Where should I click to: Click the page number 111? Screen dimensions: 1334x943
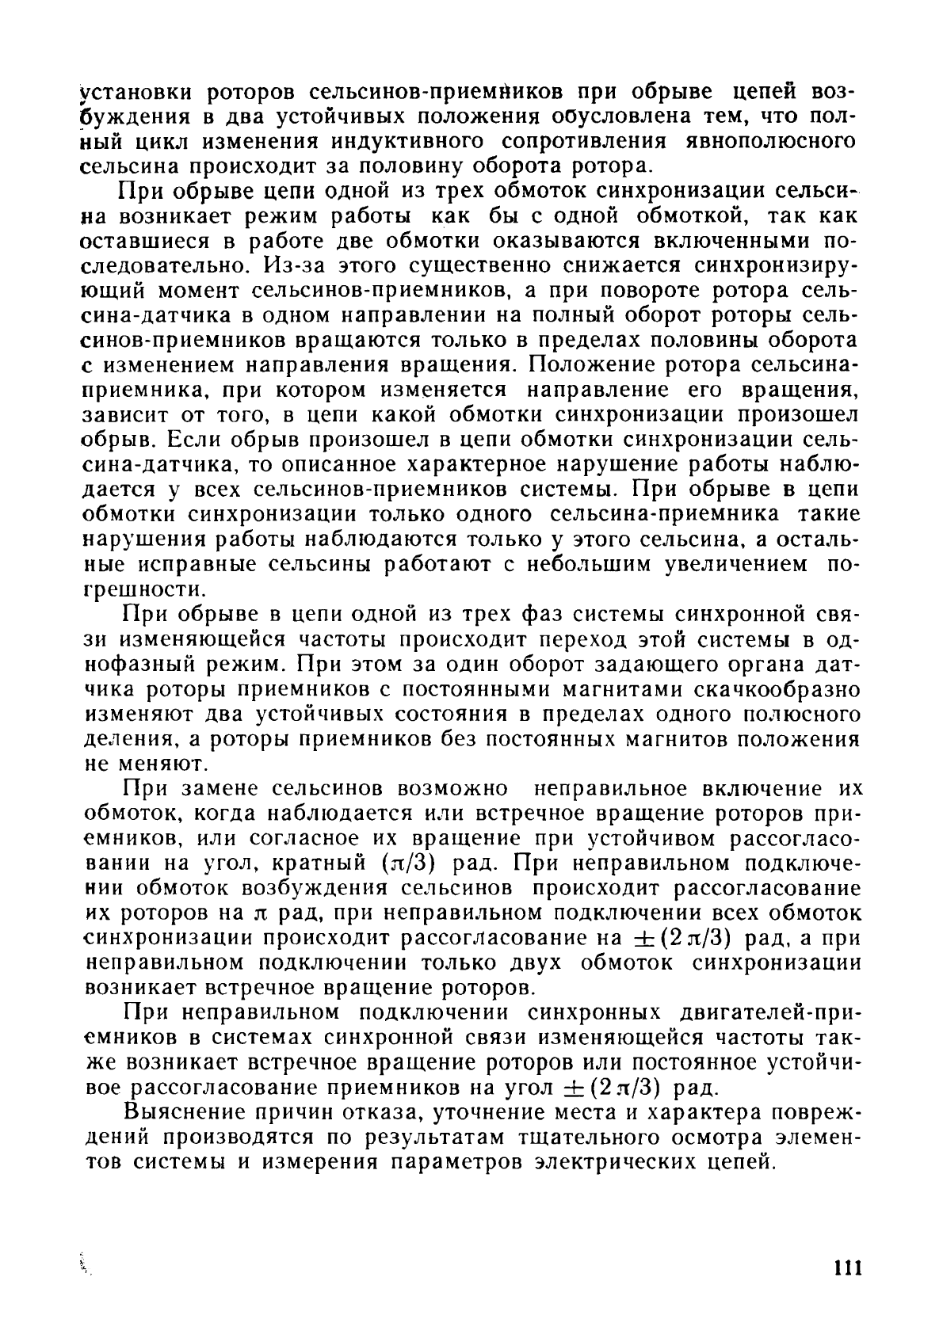[848, 1267]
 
